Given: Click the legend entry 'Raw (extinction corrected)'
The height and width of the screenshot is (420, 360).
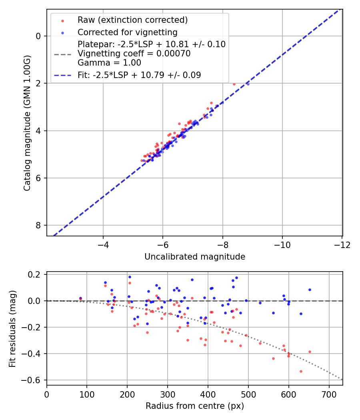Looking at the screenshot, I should pos(132,20).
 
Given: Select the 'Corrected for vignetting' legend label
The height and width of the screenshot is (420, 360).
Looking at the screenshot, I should pos(128,32).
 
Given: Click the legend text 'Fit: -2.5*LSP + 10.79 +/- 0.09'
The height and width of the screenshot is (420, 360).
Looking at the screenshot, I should pos(139,75).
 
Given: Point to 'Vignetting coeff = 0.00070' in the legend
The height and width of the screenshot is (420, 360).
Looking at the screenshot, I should pos(134,53).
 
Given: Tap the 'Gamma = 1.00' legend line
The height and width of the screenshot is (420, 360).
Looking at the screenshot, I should pos(109,62).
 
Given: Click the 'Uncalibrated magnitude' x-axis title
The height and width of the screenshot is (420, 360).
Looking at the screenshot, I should pos(195,257).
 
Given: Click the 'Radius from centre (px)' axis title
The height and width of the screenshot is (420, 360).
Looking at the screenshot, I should pos(195,406).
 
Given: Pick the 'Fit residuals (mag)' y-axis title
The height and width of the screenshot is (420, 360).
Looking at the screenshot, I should pos(12,329).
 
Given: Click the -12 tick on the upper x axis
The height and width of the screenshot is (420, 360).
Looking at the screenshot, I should pos(342,244).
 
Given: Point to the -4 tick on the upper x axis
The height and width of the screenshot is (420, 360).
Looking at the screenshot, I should pos(103,244).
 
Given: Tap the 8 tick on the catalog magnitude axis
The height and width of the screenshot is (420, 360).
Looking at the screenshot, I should pos(39,225).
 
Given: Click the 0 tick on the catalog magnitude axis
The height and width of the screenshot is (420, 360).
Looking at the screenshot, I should pos(39,36).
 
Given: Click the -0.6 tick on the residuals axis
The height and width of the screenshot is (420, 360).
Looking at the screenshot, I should pos(34,380).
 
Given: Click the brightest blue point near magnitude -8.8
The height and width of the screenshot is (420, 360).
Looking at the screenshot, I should pos(248,84).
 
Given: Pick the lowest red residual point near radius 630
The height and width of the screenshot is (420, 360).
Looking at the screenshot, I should pos(301,371).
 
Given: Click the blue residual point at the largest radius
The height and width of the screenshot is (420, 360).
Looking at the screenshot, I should pos(310,290).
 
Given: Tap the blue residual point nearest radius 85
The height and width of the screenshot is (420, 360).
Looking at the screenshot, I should pos(80,298).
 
